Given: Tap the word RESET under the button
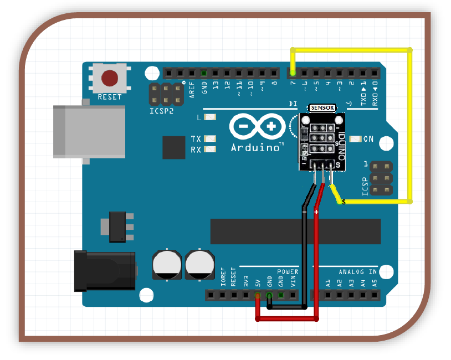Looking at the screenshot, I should point(110,97).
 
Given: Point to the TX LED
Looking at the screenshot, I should point(210,138).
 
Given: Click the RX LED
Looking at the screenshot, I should point(210,150).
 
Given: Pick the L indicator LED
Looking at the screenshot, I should point(210,117).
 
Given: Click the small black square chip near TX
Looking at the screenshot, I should point(173,148).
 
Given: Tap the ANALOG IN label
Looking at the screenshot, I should point(358,272).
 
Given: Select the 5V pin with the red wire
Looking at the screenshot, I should point(258,295).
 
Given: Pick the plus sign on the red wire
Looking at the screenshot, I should point(316,212).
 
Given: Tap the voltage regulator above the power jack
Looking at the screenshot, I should point(119,226).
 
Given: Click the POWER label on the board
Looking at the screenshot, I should point(288,272).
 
